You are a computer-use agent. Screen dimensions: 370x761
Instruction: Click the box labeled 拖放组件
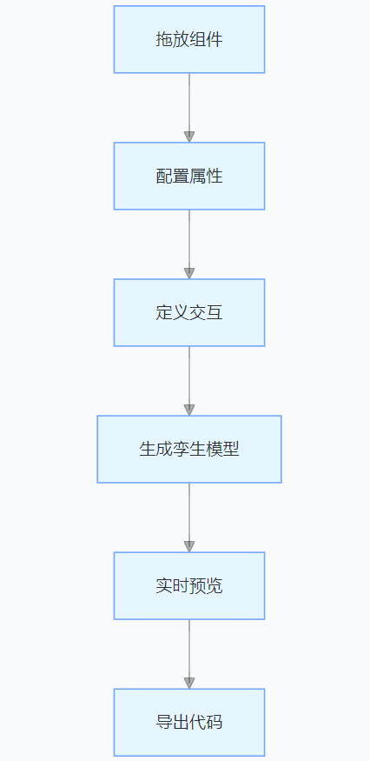189,39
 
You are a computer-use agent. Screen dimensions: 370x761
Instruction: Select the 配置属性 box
189,176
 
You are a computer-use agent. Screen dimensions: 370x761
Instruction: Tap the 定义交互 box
189,312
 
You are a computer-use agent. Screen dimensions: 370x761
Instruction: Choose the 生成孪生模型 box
189,449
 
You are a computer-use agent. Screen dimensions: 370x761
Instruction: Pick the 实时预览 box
189,586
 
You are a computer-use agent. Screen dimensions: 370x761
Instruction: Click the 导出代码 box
189,722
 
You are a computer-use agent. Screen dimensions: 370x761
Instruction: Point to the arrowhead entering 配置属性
189,137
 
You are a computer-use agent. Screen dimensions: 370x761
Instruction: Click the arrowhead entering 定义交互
189,273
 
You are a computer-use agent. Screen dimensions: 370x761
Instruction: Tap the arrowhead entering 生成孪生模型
189,411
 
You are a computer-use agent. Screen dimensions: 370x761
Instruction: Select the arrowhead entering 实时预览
189,546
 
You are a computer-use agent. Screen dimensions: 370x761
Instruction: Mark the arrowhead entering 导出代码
189,684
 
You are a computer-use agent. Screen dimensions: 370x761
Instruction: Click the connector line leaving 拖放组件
189,103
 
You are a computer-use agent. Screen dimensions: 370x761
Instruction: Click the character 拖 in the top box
164,39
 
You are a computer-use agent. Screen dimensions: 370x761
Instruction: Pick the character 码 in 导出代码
215,722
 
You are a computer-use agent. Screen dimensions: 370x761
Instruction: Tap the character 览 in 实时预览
215,586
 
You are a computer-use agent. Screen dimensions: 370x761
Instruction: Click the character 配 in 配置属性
164,176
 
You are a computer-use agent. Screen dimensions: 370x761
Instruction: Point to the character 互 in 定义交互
215,312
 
